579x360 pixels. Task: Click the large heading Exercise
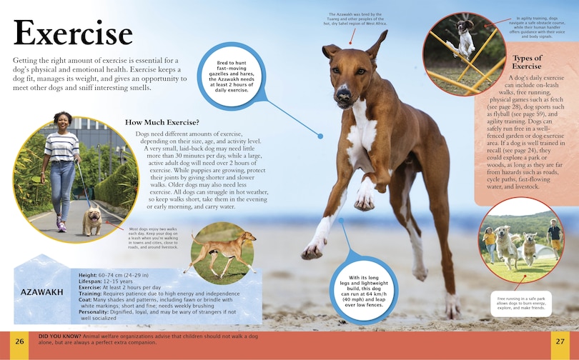point(73,34)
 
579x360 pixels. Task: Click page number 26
point(19,341)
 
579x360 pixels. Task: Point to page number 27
point(560,341)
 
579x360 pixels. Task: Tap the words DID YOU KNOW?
point(59,335)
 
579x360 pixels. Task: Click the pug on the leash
point(93,219)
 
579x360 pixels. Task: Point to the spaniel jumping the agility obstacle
point(466,39)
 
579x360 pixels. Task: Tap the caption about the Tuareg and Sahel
point(357,19)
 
